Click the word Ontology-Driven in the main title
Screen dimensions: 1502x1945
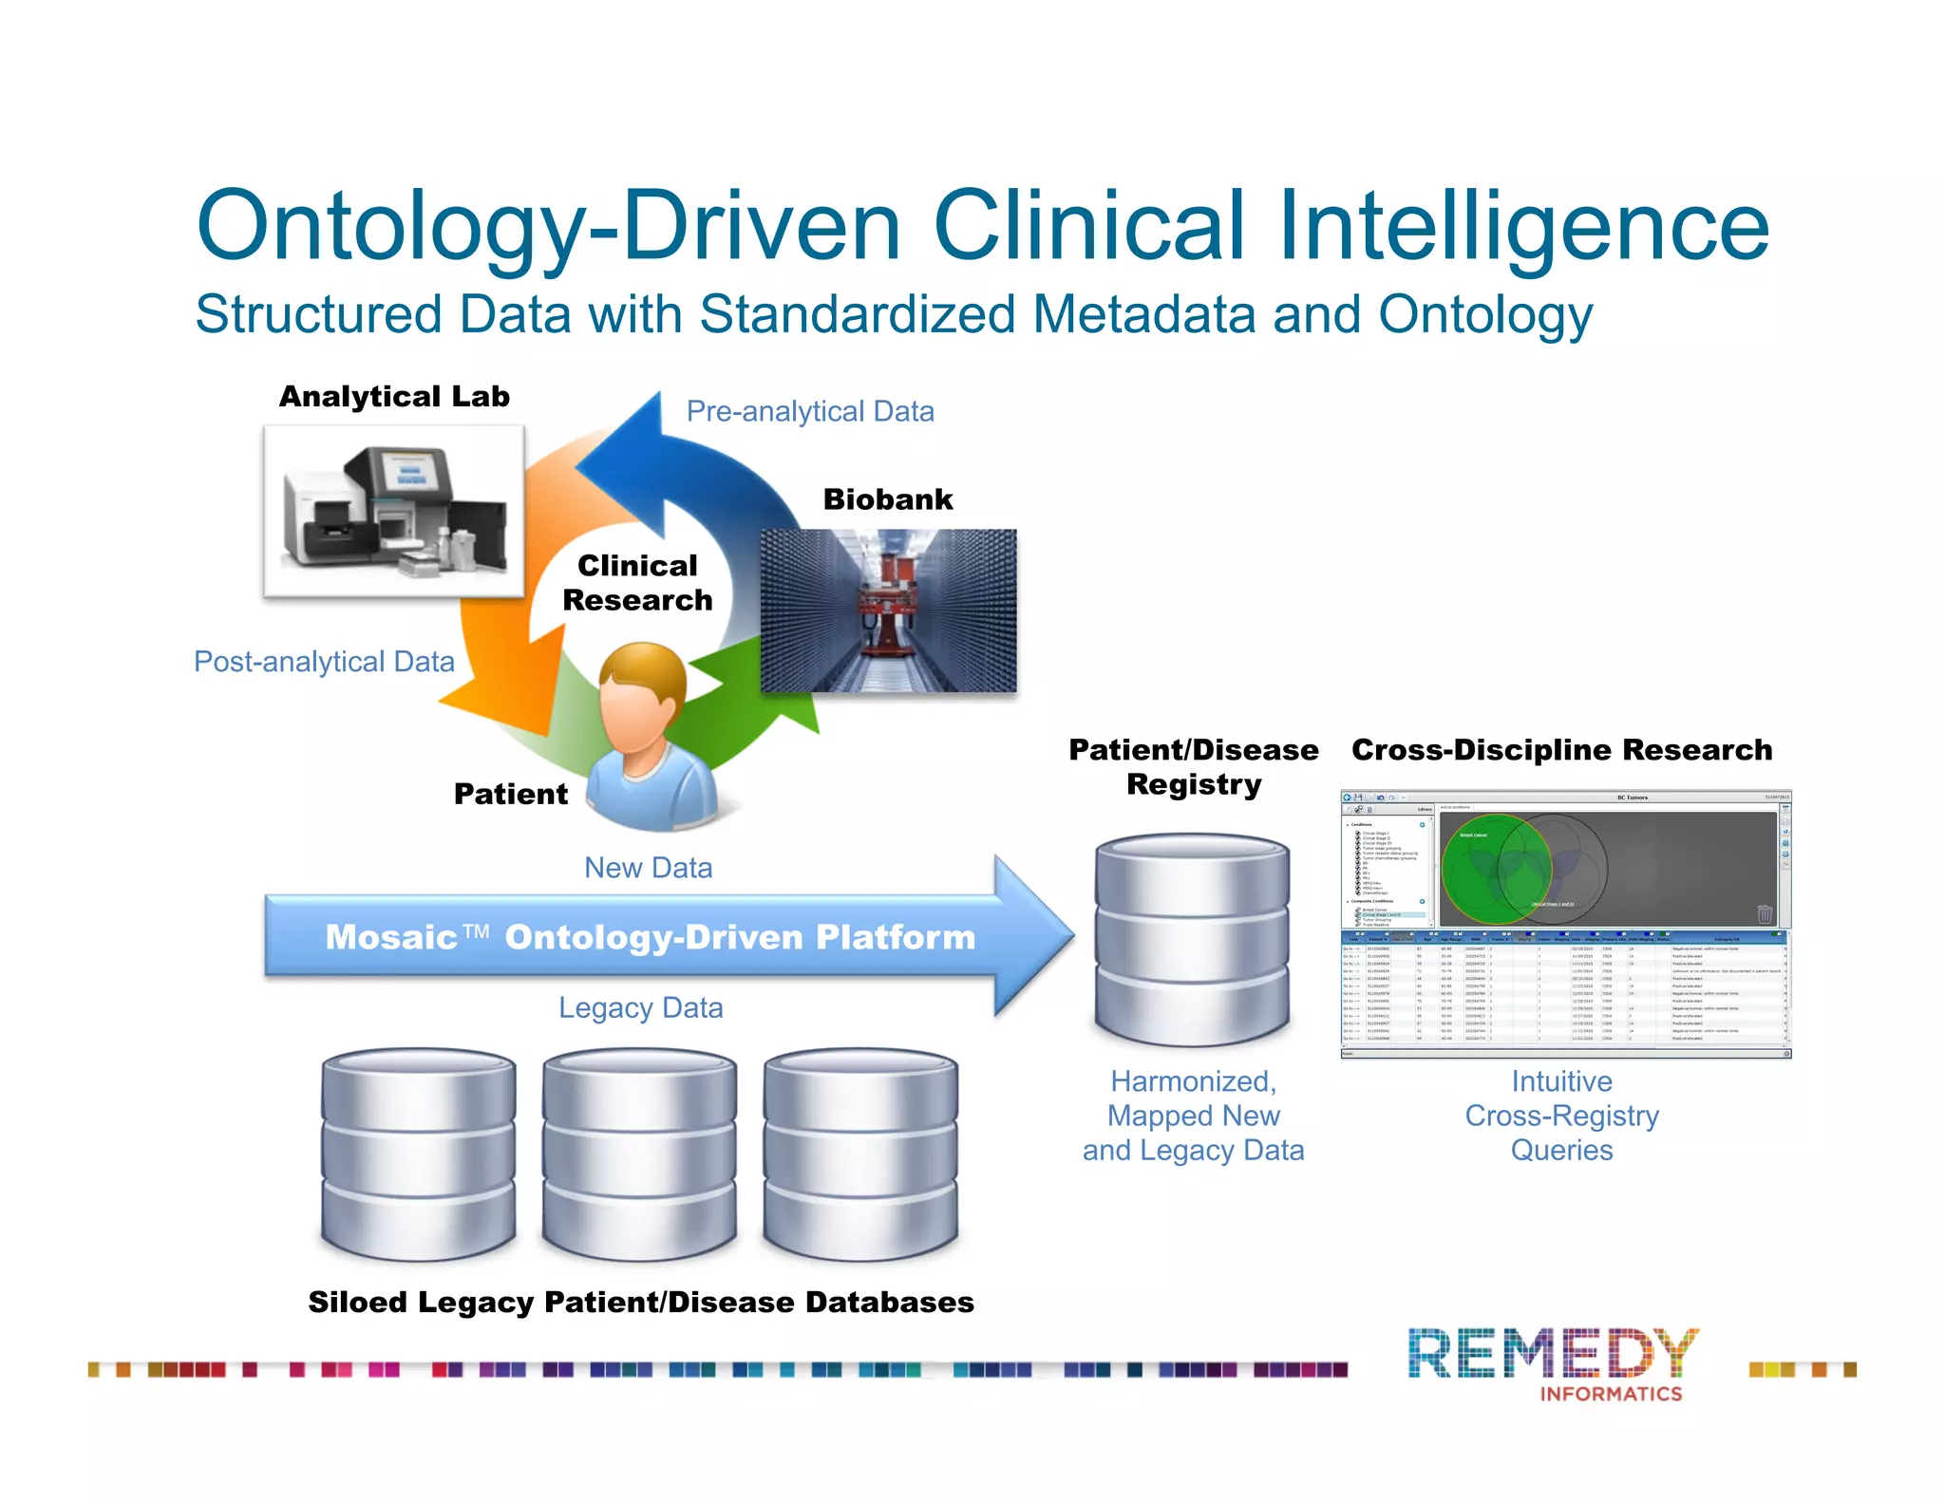[x=547, y=226]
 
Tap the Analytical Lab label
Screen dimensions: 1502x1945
[x=394, y=397]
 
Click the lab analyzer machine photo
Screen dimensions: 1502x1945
[x=393, y=511]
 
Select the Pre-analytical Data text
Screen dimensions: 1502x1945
[x=810, y=411]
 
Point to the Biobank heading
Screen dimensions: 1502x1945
[x=887, y=499]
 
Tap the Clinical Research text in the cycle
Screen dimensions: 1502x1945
[x=637, y=583]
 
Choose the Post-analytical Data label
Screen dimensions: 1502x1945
[x=324, y=662]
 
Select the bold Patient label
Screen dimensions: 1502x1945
[x=510, y=794]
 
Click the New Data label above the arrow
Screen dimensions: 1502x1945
[x=648, y=868]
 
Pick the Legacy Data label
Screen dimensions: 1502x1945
[x=640, y=1007]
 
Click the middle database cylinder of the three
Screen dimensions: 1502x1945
[x=639, y=1154]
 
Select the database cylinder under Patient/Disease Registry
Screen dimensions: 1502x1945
[x=1192, y=939]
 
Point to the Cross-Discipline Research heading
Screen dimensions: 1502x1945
[x=1561, y=750]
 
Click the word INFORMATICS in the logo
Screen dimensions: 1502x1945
[x=1610, y=1394]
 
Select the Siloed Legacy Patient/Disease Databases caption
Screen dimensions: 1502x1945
[x=641, y=1302]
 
